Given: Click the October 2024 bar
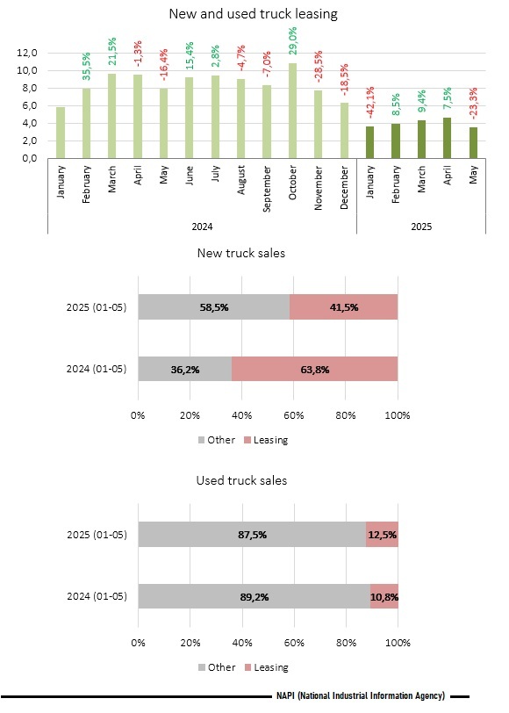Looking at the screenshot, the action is (293, 111).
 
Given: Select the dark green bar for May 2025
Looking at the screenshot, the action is (474, 143).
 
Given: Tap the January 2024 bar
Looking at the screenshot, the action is (61, 133).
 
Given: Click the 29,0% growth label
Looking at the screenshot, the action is (293, 40).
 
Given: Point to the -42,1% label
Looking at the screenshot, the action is (370, 103).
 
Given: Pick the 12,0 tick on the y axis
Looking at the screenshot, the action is (27, 53).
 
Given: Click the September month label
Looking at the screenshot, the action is (267, 189).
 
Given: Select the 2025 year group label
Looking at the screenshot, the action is (421, 227).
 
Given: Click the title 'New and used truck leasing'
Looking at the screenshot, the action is (253, 14).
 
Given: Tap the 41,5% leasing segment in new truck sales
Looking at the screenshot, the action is (344, 307).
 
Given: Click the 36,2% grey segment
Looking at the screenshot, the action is (185, 369).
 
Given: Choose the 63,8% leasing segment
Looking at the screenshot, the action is (314, 369).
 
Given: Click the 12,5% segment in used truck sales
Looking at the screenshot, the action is (382, 534).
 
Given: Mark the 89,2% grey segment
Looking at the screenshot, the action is (254, 596).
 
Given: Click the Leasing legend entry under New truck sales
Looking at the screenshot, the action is (266, 440).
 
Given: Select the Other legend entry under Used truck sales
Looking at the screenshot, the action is (218, 667).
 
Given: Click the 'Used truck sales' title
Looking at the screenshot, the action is (242, 480).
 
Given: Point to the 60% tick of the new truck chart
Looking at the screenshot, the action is (294, 415).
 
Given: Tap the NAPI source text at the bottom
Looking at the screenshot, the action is (361, 695).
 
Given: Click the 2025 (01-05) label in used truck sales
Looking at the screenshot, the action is (97, 535).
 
